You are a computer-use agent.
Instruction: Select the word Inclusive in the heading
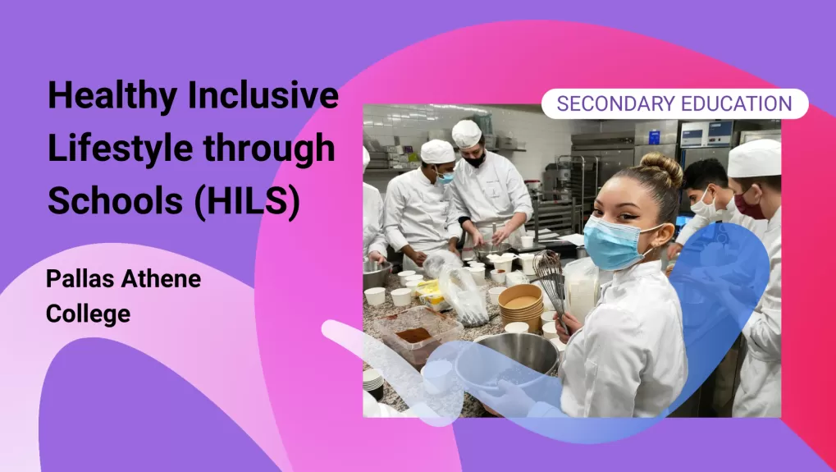263,94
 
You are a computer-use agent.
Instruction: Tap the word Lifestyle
121,149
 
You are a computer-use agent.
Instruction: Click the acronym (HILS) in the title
248,202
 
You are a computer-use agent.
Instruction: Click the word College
88,314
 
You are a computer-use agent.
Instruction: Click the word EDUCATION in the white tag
732,103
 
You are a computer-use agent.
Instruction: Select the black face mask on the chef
474,159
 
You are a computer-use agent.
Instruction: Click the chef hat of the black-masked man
467,133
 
